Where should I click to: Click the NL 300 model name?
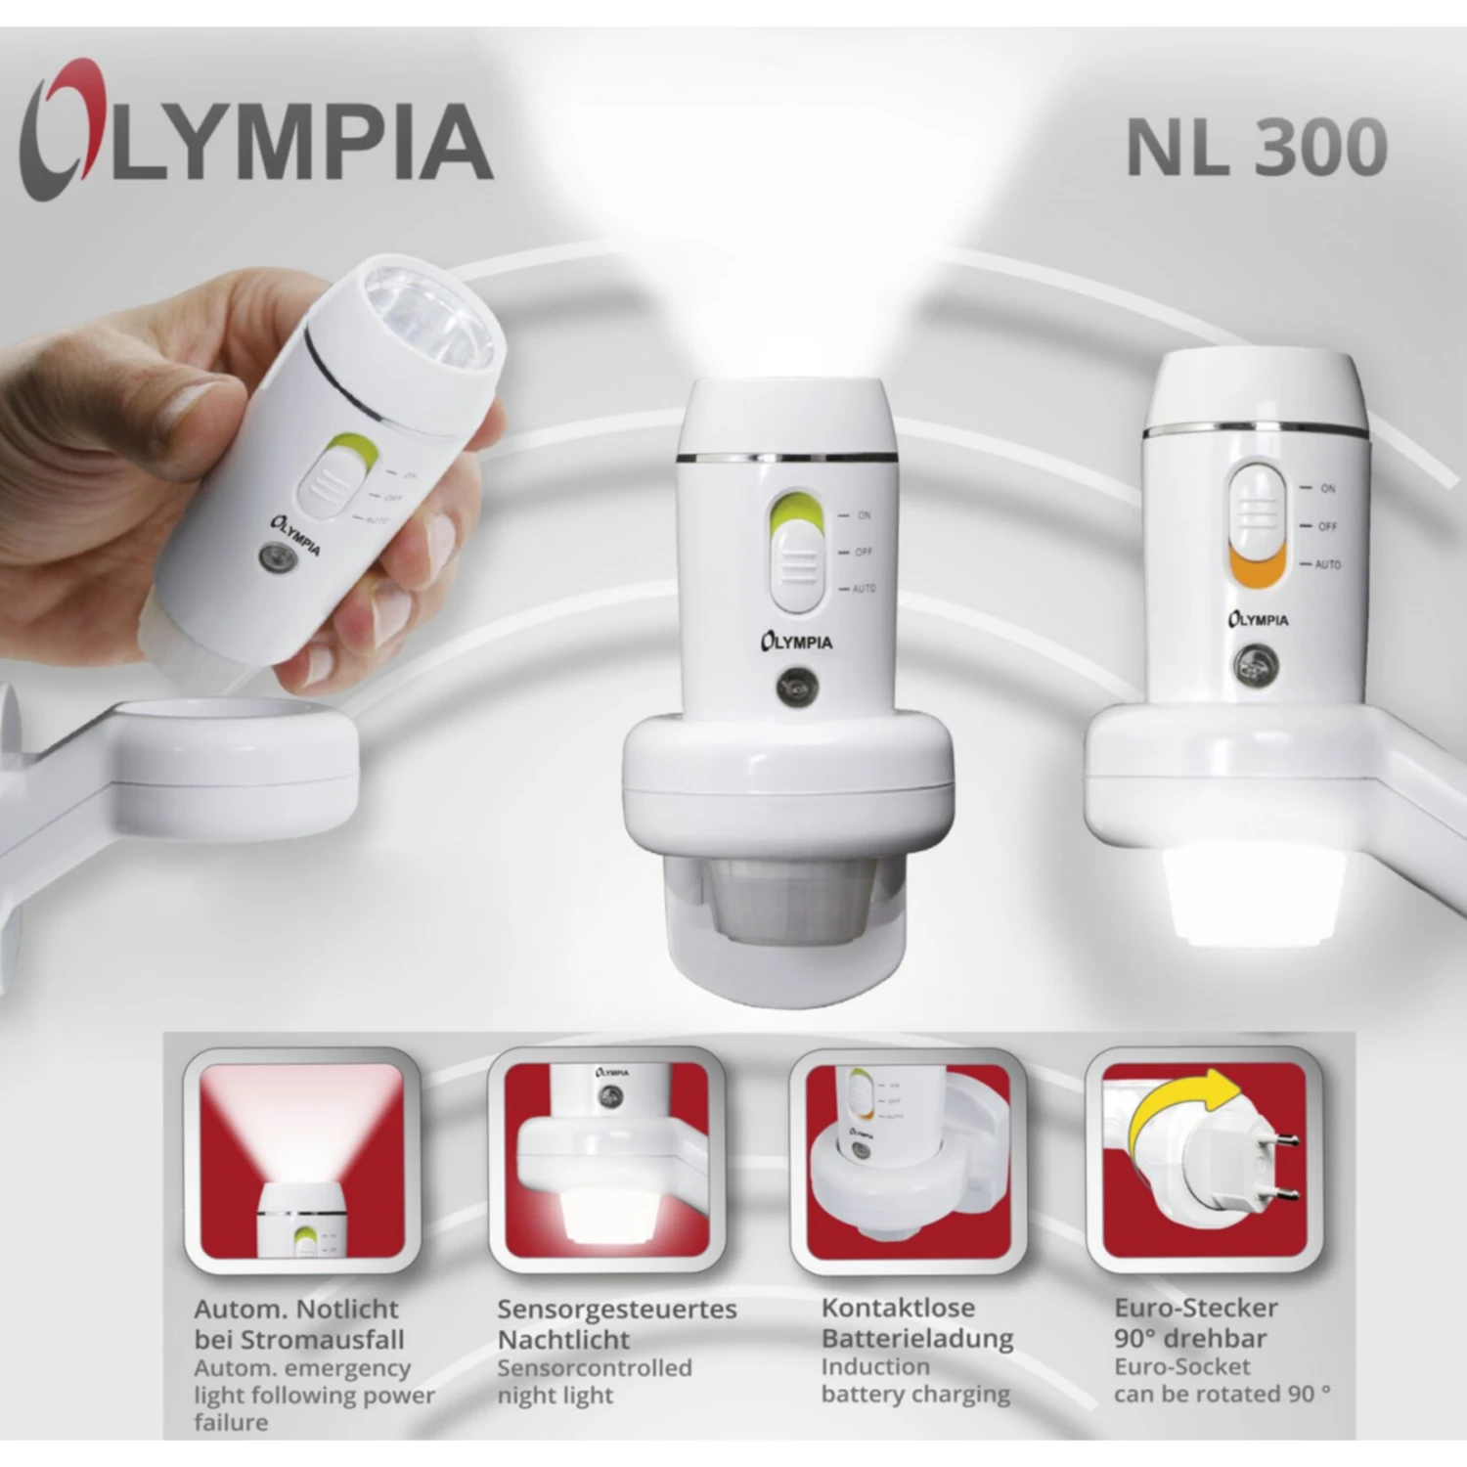click(x=1256, y=148)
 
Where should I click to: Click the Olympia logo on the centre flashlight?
click(x=797, y=642)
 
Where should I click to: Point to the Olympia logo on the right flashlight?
click(x=1258, y=619)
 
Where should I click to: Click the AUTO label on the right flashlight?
click(x=1327, y=564)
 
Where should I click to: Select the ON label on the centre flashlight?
click(x=864, y=515)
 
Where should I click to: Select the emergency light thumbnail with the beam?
click(x=301, y=1161)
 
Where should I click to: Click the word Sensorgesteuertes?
click(x=616, y=1309)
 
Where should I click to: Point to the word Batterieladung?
click(x=916, y=1338)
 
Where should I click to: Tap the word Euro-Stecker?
click(x=1196, y=1308)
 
